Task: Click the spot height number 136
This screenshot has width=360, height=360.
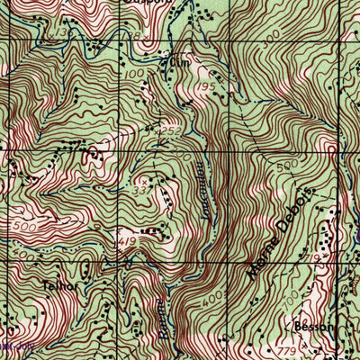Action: (x=60, y=32)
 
